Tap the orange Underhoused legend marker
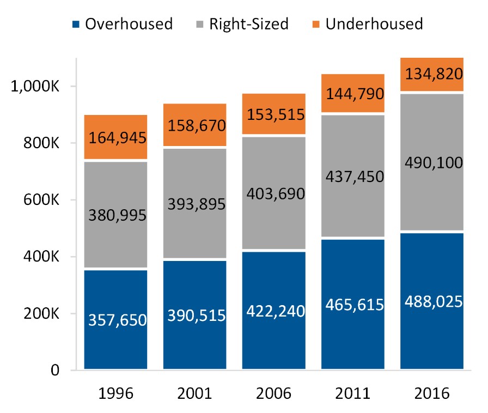[316, 25]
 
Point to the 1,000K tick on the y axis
[40, 87]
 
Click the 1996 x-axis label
[115, 393]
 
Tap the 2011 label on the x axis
[352, 393]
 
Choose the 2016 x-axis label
[431, 393]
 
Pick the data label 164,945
[115, 138]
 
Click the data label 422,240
[273, 312]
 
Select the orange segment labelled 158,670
[194, 125]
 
